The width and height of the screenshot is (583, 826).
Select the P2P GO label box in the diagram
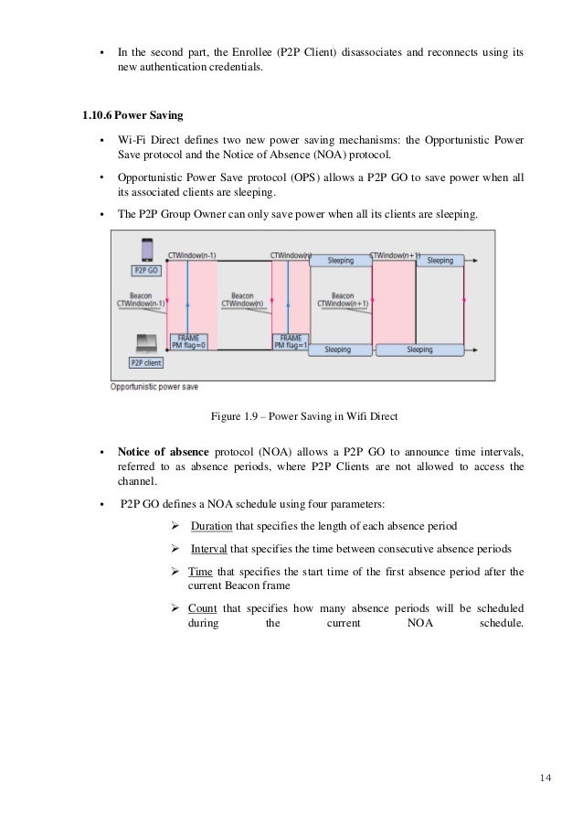click(x=146, y=271)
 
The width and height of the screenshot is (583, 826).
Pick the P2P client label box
click(x=146, y=363)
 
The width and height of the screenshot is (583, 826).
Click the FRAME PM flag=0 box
click(x=190, y=342)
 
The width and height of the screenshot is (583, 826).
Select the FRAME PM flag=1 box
click(x=291, y=342)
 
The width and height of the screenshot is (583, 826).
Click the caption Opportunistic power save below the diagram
click(x=154, y=386)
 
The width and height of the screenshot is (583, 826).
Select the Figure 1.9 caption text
click(x=304, y=417)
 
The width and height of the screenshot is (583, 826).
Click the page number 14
click(x=546, y=778)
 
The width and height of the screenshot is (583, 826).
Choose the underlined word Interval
click(x=209, y=548)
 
